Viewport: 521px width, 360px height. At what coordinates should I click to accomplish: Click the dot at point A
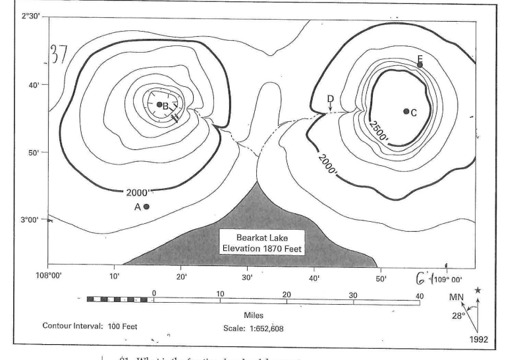coord(146,207)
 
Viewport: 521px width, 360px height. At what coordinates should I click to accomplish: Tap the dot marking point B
coord(159,105)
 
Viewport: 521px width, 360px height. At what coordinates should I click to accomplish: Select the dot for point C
coord(406,111)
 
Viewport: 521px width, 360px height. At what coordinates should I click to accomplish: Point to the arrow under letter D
coord(330,107)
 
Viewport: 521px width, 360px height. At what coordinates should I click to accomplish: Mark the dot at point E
coord(420,64)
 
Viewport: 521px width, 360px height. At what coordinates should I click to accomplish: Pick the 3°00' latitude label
coord(32,220)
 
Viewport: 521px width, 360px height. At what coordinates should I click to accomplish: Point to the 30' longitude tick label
coord(248,276)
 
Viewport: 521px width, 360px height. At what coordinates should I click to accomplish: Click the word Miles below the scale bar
coord(254,315)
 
